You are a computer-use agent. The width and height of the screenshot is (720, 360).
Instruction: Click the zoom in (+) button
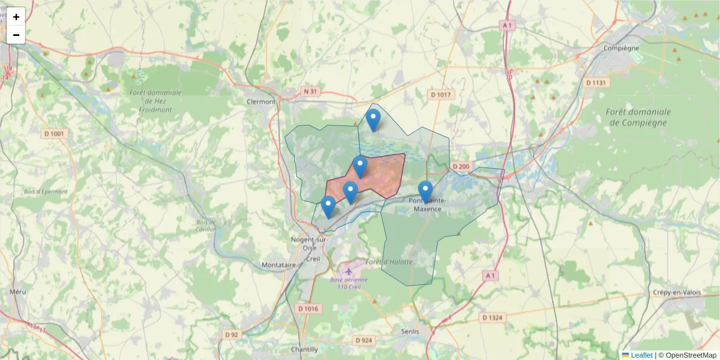[16, 17]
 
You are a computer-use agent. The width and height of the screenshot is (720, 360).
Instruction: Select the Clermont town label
[261, 101]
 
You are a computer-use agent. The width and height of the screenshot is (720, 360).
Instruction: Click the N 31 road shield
[310, 91]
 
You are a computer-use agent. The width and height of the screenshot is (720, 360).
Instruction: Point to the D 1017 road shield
[441, 95]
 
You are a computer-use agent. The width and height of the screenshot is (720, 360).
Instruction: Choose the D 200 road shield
[461, 166]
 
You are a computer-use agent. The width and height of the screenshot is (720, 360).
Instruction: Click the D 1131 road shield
[596, 82]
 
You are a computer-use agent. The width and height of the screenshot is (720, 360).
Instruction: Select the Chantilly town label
[304, 349]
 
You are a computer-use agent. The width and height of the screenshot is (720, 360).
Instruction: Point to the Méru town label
[18, 292]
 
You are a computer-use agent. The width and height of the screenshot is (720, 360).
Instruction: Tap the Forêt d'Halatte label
[389, 262]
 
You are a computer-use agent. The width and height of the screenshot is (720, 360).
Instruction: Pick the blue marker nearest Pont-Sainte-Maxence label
[425, 191]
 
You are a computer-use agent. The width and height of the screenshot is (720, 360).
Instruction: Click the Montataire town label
[280, 265]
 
